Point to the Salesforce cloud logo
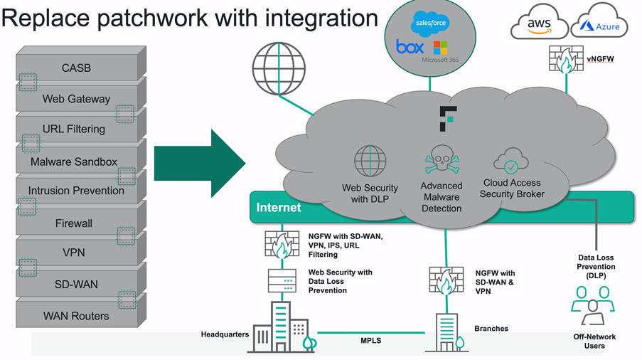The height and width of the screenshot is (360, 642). click(x=430, y=23)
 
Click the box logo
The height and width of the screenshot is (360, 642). click(x=410, y=47)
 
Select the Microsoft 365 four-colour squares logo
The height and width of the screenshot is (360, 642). click(x=440, y=48)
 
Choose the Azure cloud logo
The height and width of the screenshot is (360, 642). click(x=599, y=23)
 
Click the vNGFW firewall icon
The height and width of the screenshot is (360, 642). click(x=566, y=59)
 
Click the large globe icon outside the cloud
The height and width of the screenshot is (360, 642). click(x=279, y=69)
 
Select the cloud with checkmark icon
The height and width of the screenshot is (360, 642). click(x=511, y=161)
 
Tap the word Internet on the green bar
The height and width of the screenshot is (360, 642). click(x=279, y=208)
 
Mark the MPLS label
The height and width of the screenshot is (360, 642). click(x=371, y=341)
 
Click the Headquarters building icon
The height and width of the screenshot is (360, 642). click(x=282, y=327)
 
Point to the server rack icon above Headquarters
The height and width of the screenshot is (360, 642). click(x=282, y=280)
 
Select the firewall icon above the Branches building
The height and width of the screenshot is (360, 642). click(x=446, y=280)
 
